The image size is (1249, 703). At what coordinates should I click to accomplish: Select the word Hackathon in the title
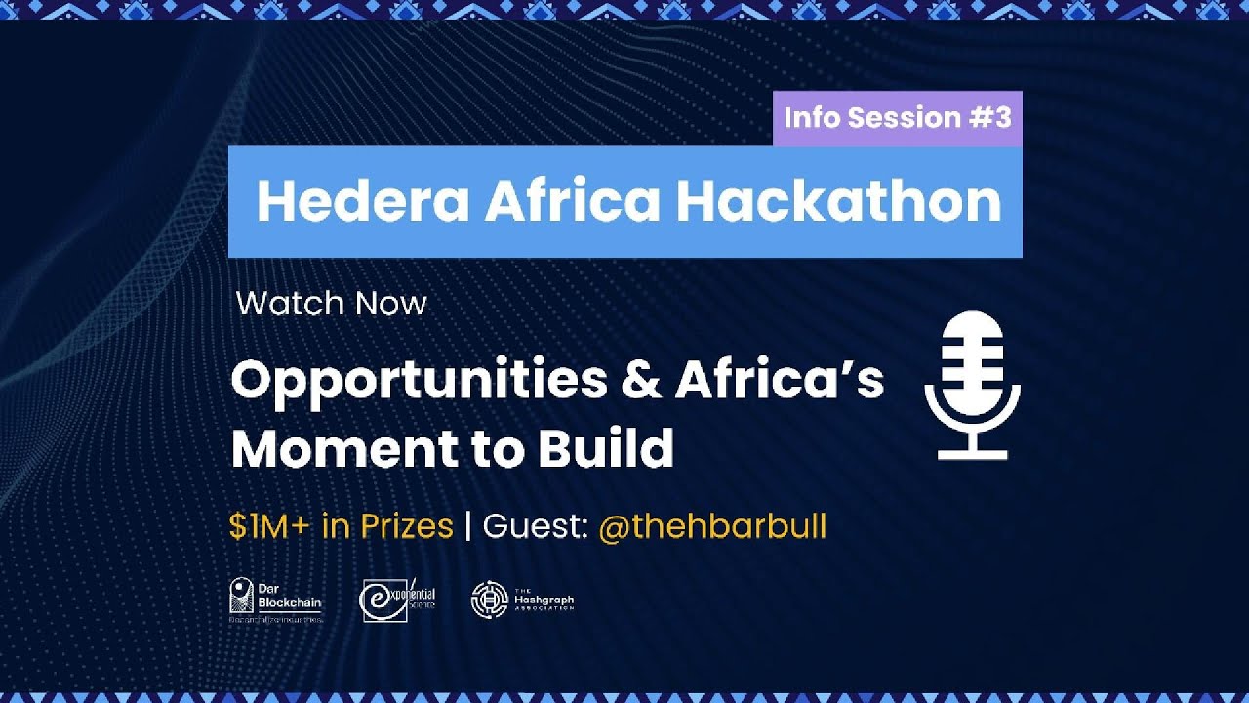click(838, 201)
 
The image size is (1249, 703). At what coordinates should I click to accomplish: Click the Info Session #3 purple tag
click(897, 118)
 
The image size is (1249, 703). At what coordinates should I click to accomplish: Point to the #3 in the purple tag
click(990, 118)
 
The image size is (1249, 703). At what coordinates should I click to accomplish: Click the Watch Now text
click(332, 304)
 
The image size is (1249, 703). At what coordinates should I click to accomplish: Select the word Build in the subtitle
click(605, 448)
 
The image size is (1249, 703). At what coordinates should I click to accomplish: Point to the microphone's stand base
click(972, 453)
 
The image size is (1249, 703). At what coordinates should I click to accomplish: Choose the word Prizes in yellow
click(406, 527)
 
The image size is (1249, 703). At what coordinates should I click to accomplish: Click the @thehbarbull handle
click(711, 527)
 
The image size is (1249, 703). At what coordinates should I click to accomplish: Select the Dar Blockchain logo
click(275, 600)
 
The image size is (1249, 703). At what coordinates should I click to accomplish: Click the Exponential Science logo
click(398, 600)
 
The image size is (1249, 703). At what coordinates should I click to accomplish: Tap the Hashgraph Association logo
click(522, 600)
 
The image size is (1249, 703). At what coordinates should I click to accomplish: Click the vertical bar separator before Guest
click(468, 527)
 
